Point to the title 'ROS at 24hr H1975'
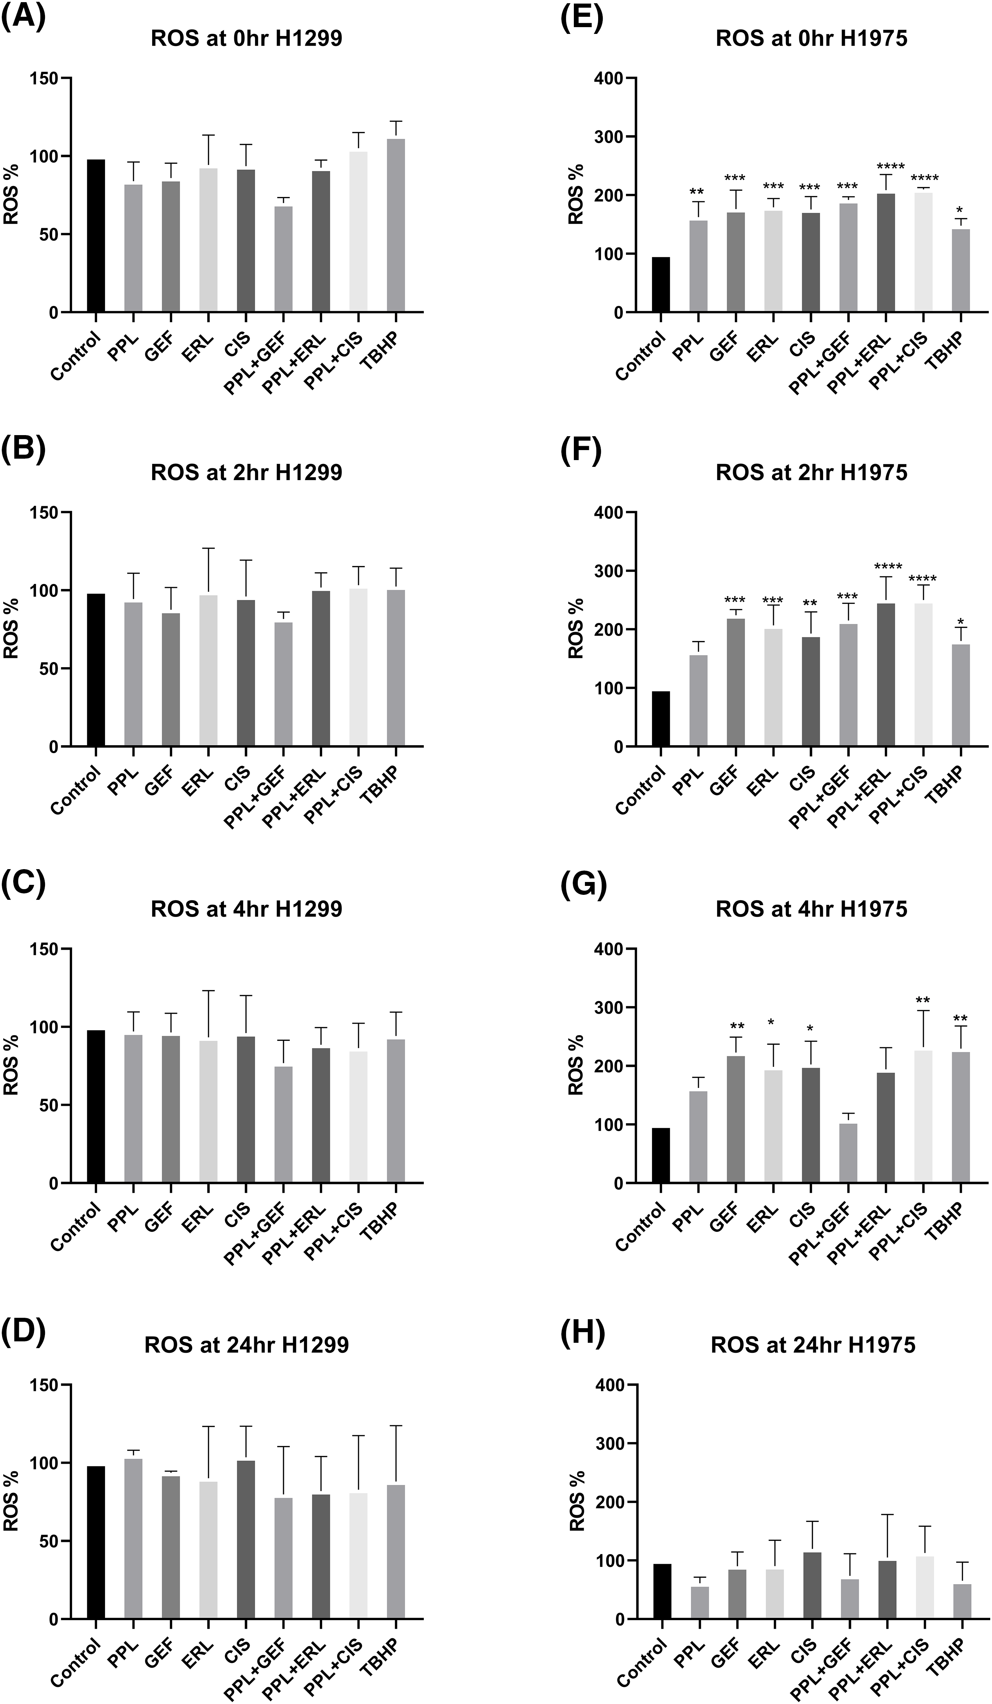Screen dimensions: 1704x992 (x=813, y=1327)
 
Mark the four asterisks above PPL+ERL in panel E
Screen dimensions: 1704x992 (x=885, y=166)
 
